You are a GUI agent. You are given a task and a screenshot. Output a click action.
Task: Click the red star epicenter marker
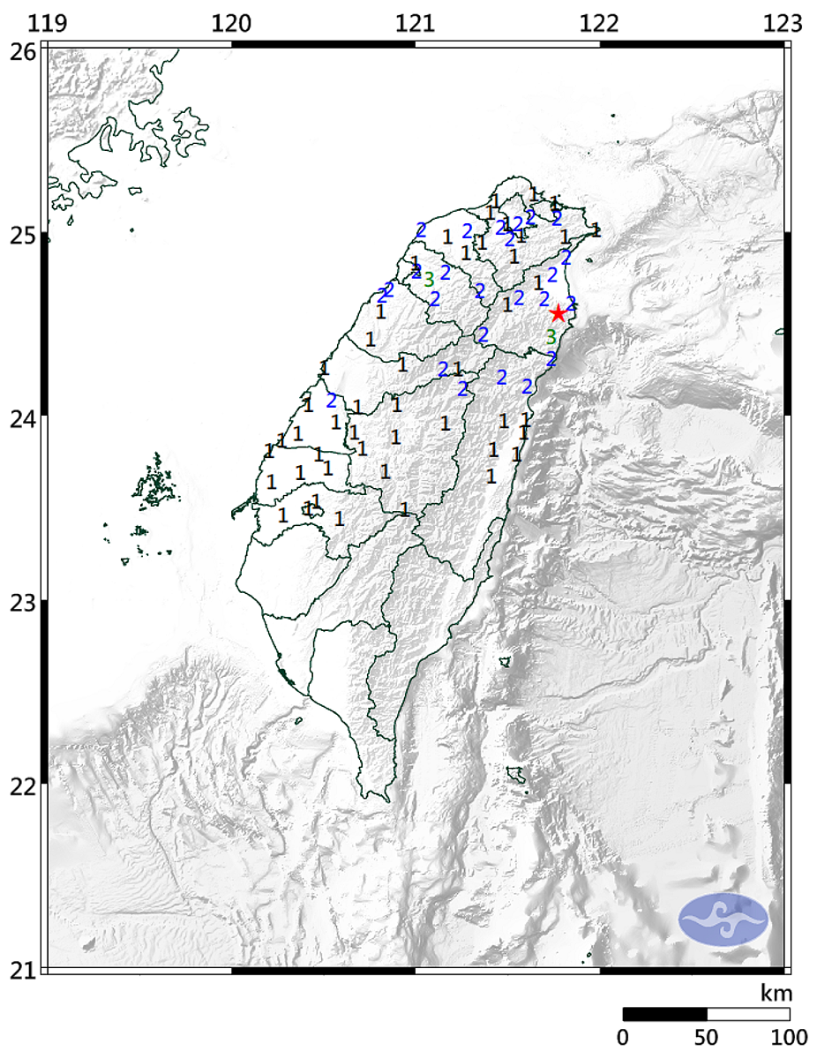point(558,313)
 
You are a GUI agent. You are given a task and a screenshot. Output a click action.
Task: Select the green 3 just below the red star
point(551,337)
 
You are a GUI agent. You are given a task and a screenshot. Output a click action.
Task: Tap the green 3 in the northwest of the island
point(429,280)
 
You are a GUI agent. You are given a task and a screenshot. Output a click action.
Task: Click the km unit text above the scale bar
point(776,993)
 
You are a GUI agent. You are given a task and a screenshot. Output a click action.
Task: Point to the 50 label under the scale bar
point(707,1038)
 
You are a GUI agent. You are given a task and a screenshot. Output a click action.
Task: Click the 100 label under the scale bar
point(788,1038)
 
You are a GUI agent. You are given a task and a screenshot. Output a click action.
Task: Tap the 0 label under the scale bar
point(624,1038)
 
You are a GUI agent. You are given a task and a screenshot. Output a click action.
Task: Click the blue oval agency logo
point(723,920)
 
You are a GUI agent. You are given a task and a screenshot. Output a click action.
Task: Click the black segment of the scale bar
point(665,1014)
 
